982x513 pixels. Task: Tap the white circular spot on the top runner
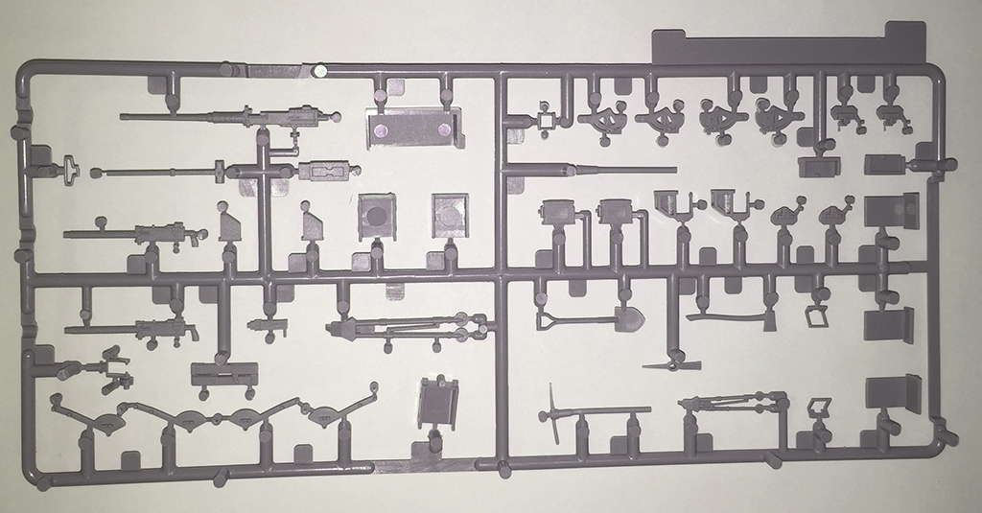(x=320, y=69)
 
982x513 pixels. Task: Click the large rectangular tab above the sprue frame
(x=785, y=45)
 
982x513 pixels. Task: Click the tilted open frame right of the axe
(x=816, y=315)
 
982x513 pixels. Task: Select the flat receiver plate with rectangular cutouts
(x=326, y=173)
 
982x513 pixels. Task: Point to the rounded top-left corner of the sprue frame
(x=26, y=69)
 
